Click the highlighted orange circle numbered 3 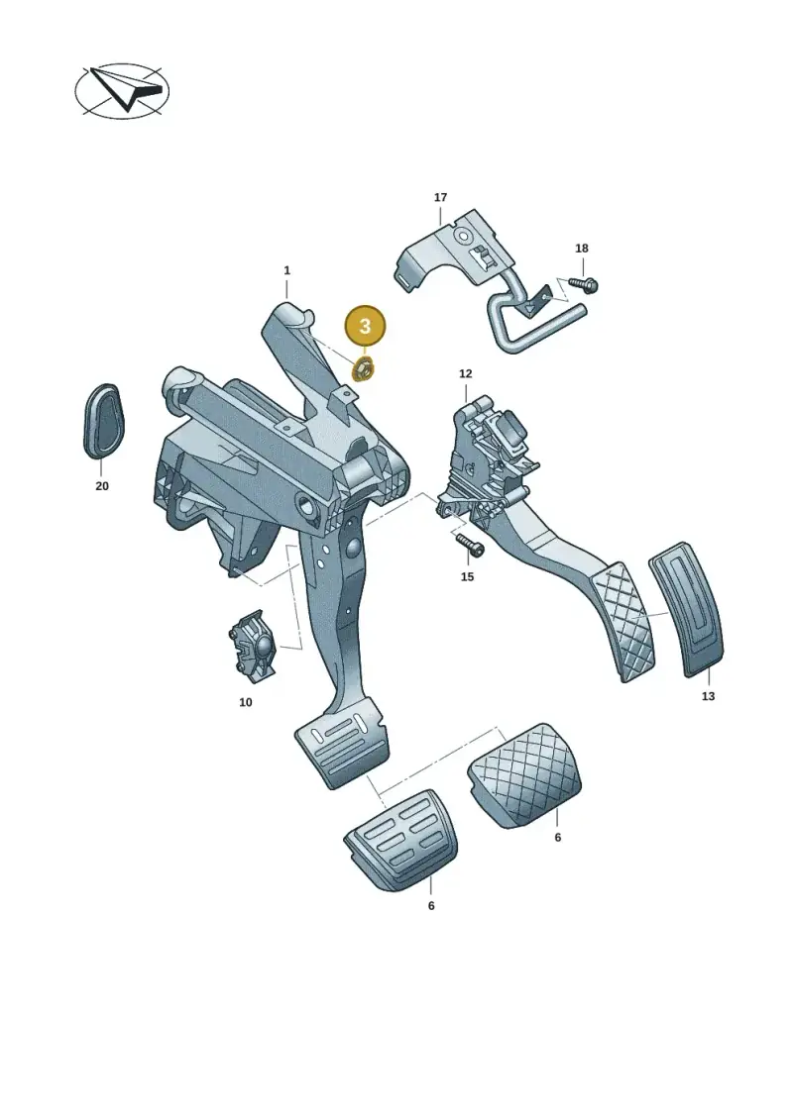pyautogui.click(x=365, y=327)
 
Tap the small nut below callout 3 pyautogui.click(x=361, y=370)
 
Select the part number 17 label pyautogui.click(x=440, y=197)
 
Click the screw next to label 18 pyautogui.click(x=583, y=285)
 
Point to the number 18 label pyautogui.click(x=582, y=249)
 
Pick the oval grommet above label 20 pyautogui.click(x=101, y=421)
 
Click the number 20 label pyautogui.click(x=102, y=485)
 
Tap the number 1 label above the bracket pyautogui.click(x=286, y=270)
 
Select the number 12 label pyautogui.click(x=466, y=373)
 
